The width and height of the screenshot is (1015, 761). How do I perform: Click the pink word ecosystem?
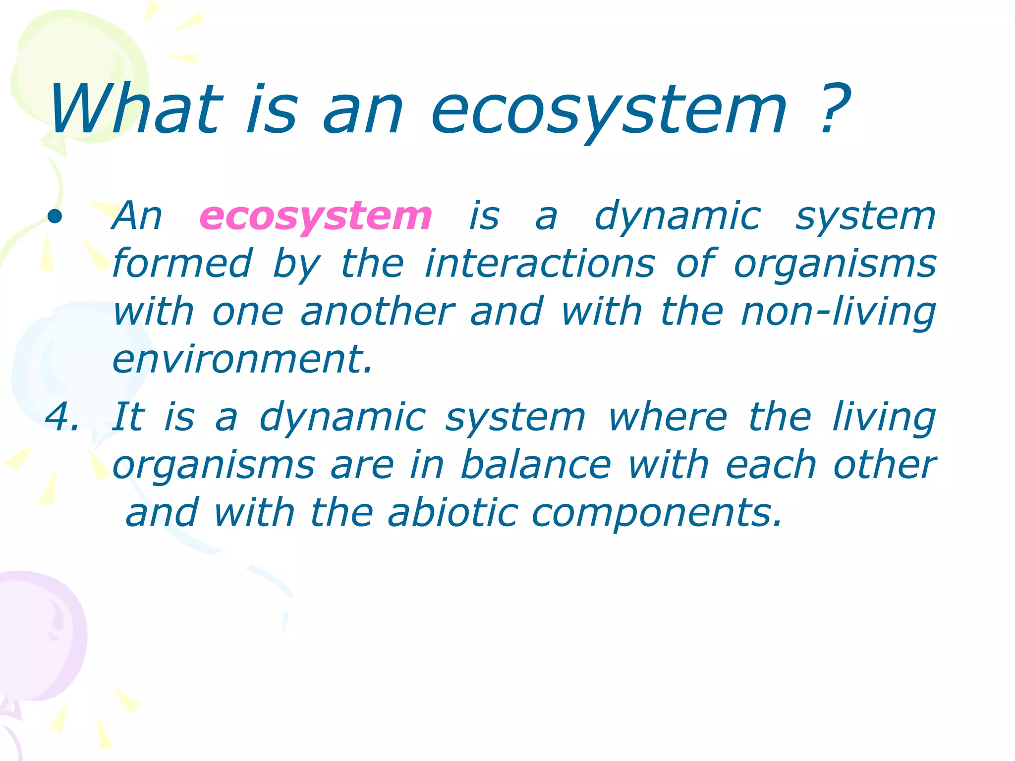[316, 217]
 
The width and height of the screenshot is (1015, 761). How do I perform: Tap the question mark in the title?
[834, 110]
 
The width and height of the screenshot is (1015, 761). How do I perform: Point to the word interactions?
[540, 264]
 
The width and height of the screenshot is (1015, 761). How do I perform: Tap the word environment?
[242, 360]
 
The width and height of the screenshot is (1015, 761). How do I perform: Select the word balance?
[536, 466]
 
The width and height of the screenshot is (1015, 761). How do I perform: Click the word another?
[377, 312]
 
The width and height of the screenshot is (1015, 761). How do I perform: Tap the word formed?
[182, 264]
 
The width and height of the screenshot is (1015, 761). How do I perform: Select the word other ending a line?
[885, 466]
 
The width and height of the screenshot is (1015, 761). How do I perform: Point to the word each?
[771, 466]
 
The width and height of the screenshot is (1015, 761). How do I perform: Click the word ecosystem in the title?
[609, 110]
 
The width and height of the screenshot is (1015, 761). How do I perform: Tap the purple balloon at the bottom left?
[40, 639]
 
